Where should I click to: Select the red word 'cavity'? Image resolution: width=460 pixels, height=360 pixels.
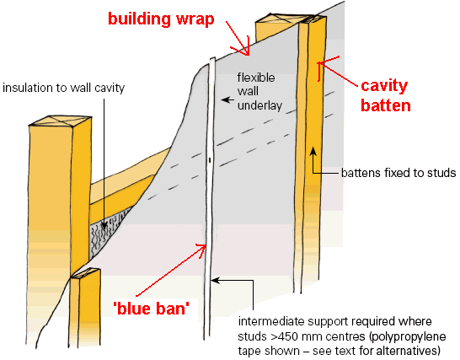pos(385,86)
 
